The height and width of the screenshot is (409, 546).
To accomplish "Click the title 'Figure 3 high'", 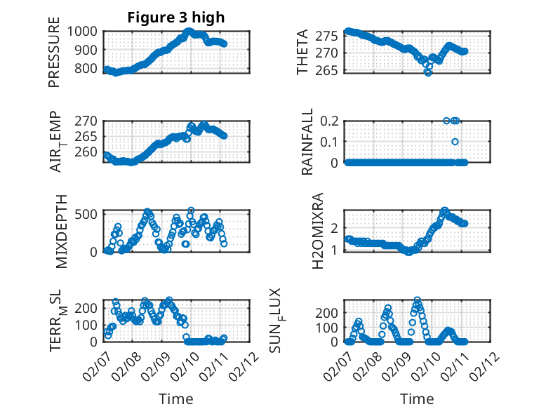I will [175, 18].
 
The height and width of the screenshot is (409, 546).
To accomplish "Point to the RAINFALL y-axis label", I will [307, 142].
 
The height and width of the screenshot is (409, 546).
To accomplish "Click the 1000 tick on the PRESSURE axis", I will [85, 31].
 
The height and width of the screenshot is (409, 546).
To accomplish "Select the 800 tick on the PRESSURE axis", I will [89, 69].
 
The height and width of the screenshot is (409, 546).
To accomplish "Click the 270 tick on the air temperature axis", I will [89, 119].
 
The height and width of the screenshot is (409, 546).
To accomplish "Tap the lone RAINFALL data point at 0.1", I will [455, 142].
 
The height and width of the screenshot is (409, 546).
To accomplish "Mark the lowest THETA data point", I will [427, 72].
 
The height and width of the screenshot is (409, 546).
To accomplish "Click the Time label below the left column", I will [175, 398].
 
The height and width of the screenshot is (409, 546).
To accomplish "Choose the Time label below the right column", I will [417, 398].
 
